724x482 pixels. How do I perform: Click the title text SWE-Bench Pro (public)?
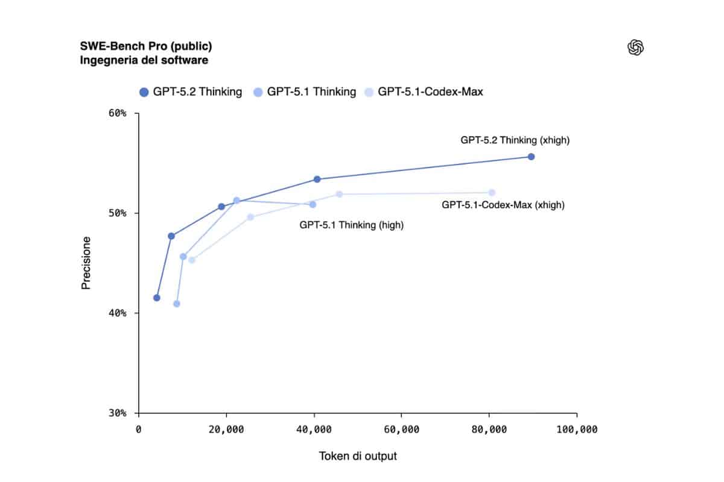145,46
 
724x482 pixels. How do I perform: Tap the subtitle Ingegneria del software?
144,60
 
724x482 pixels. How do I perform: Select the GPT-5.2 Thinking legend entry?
191,92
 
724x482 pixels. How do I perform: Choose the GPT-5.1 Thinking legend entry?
305,92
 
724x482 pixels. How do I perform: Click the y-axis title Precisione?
86,263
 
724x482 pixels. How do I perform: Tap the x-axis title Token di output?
358,456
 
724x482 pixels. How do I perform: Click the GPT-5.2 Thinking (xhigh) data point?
531,157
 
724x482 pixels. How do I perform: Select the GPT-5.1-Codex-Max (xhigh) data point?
492,193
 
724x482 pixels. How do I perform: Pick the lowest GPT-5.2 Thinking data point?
157,298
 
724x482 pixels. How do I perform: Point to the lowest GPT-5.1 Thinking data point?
177,304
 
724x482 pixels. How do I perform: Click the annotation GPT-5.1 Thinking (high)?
352,225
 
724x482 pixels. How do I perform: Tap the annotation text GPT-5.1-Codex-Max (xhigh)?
503,205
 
